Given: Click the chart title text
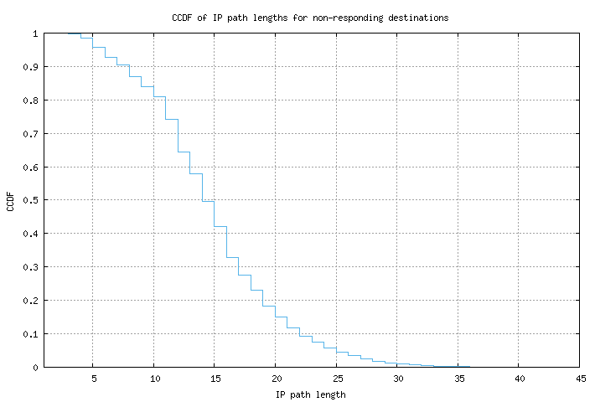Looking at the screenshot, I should pyautogui.click(x=311, y=17).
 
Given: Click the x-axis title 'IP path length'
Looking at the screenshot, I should pyautogui.click(x=311, y=394).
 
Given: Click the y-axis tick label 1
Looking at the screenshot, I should pyautogui.click(x=35, y=33).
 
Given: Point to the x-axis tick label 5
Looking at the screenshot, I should pyautogui.click(x=93, y=379).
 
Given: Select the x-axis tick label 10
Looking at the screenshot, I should pyautogui.click(x=154, y=379).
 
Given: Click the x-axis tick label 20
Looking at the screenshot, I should pyautogui.click(x=276, y=379).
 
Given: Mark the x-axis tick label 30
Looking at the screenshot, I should pyautogui.click(x=397, y=379).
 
